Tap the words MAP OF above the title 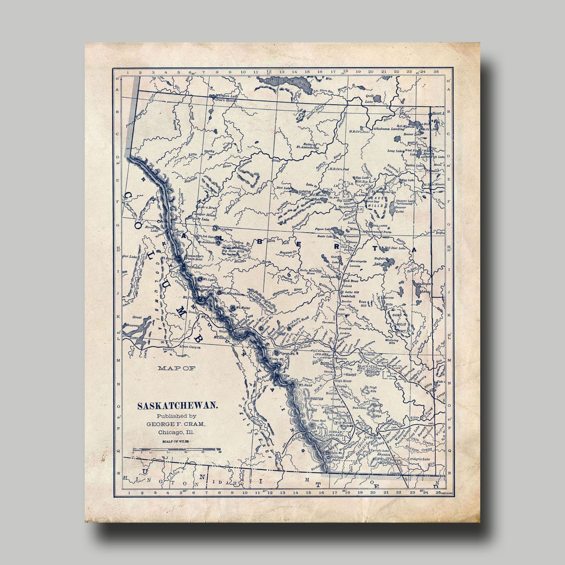click(x=176, y=368)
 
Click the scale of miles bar click(x=177, y=449)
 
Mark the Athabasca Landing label click(x=388, y=128)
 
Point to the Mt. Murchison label click(x=232, y=294)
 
